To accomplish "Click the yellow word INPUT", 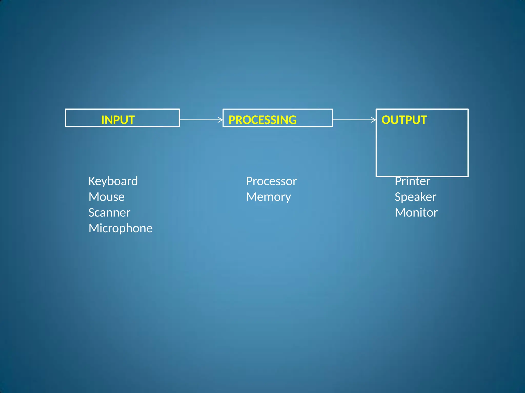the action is click(118, 120).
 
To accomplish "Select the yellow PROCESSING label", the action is click(262, 120).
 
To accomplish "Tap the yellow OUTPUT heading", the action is click(404, 120).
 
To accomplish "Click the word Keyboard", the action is click(113, 181).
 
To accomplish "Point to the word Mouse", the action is click(106, 197).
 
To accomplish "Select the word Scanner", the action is click(109, 213).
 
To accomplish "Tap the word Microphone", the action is click(120, 228).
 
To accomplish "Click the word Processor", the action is click(271, 181).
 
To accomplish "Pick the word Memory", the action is click(268, 197).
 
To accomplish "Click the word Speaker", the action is click(415, 197).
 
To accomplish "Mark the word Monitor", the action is click(416, 213).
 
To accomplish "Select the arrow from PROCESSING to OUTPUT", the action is click(354, 119).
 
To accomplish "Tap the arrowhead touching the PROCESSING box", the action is click(220, 119).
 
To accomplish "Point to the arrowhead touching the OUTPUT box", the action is click(373, 119).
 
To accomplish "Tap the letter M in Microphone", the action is click(94, 228).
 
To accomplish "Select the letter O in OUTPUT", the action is click(386, 120).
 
